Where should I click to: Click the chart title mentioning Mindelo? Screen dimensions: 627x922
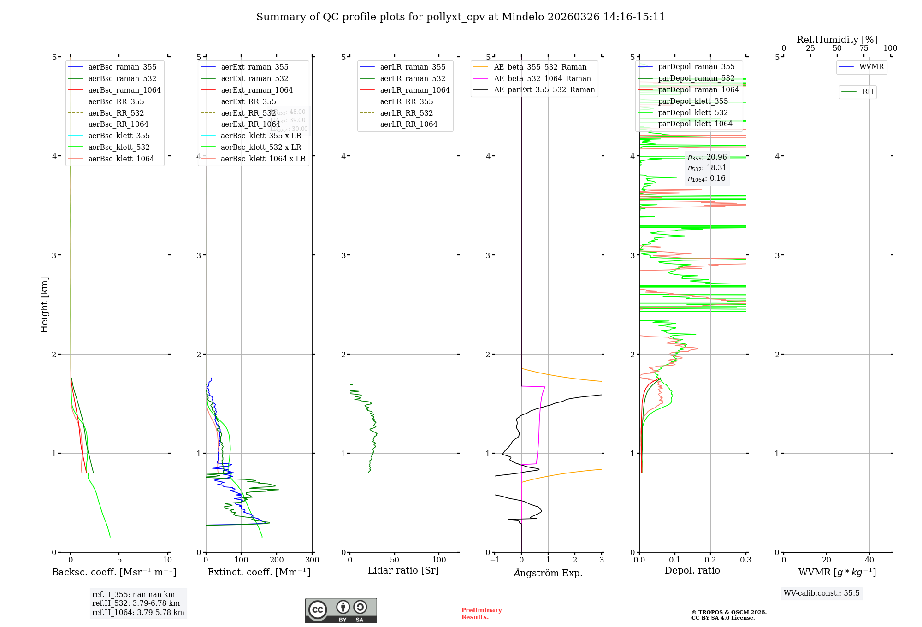click(461, 17)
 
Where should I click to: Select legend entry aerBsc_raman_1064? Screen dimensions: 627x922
click(124, 90)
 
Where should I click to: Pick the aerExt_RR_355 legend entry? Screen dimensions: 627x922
click(248, 101)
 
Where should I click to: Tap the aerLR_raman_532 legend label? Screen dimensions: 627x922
click(413, 78)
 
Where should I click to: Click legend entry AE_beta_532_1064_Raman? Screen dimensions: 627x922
click(542, 78)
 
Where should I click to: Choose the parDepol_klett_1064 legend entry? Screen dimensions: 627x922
click(695, 124)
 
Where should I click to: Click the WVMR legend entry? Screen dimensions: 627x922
click(871, 67)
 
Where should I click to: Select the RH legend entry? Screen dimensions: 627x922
click(868, 92)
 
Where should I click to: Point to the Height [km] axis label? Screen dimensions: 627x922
click(44, 304)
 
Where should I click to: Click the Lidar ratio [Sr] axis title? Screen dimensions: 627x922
click(403, 570)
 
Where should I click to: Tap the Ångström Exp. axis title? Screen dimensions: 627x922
click(548, 573)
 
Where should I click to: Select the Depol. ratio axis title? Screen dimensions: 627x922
click(692, 570)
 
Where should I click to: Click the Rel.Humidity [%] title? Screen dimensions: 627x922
click(837, 40)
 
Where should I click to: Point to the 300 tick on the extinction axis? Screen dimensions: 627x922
click(312, 560)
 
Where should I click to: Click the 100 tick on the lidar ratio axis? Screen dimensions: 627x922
click(439, 560)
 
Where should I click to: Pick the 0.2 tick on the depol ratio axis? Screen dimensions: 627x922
click(710, 560)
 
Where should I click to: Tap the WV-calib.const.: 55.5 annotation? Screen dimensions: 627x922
click(822, 593)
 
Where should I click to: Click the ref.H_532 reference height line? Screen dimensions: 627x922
click(136, 603)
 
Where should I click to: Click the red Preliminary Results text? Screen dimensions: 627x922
click(481, 613)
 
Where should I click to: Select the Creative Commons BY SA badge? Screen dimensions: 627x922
click(341, 611)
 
